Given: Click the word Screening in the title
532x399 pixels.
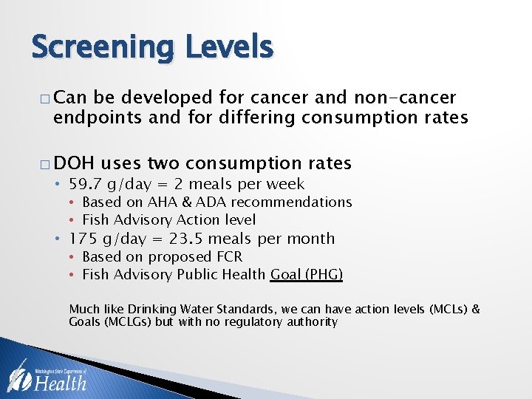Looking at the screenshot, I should click(101, 48).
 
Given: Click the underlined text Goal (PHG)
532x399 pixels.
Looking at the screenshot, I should click(307, 275).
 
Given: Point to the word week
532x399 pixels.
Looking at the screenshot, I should click(287, 184).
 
